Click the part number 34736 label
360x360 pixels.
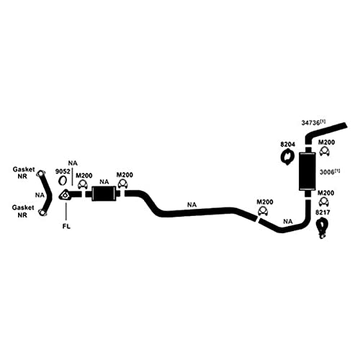[311, 122]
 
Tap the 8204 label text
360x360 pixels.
[287, 145]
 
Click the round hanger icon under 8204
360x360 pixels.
[287, 157]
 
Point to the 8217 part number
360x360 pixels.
[323, 212]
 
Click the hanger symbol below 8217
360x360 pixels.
[322, 228]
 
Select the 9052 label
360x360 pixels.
[63, 171]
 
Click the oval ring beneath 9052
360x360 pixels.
[63, 181]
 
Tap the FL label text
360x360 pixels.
[66, 226]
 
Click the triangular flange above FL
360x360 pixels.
[64, 194]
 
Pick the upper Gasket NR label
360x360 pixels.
[24, 173]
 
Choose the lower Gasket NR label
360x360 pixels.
[23, 211]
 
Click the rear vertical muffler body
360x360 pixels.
[307, 171]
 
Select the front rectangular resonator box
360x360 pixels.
[104, 194]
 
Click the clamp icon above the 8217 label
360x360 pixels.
[324, 201]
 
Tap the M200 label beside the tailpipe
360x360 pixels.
[326, 143]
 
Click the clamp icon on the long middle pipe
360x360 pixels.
[263, 211]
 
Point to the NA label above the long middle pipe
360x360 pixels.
[192, 204]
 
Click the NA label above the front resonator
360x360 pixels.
[104, 182]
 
